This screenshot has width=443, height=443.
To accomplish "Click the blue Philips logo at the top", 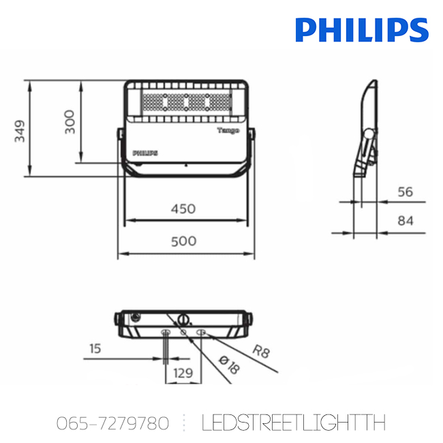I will click(x=362, y=29).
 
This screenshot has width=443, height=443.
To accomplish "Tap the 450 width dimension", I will click(x=182, y=209).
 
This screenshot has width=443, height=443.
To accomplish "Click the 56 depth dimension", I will click(x=406, y=192).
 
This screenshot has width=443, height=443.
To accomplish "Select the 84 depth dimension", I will click(x=406, y=221).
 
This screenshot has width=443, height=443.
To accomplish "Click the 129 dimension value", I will click(x=183, y=373).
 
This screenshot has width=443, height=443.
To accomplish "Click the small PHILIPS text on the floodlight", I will click(x=144, y=153).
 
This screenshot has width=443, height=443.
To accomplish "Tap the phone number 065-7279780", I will click(x=112, y=423).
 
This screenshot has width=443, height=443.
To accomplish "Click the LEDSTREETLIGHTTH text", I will click(x=294, y=423).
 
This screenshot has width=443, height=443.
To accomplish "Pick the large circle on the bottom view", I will click(x=183, y=319).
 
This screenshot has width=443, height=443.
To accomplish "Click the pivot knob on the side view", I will click(x=369, y=133).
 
